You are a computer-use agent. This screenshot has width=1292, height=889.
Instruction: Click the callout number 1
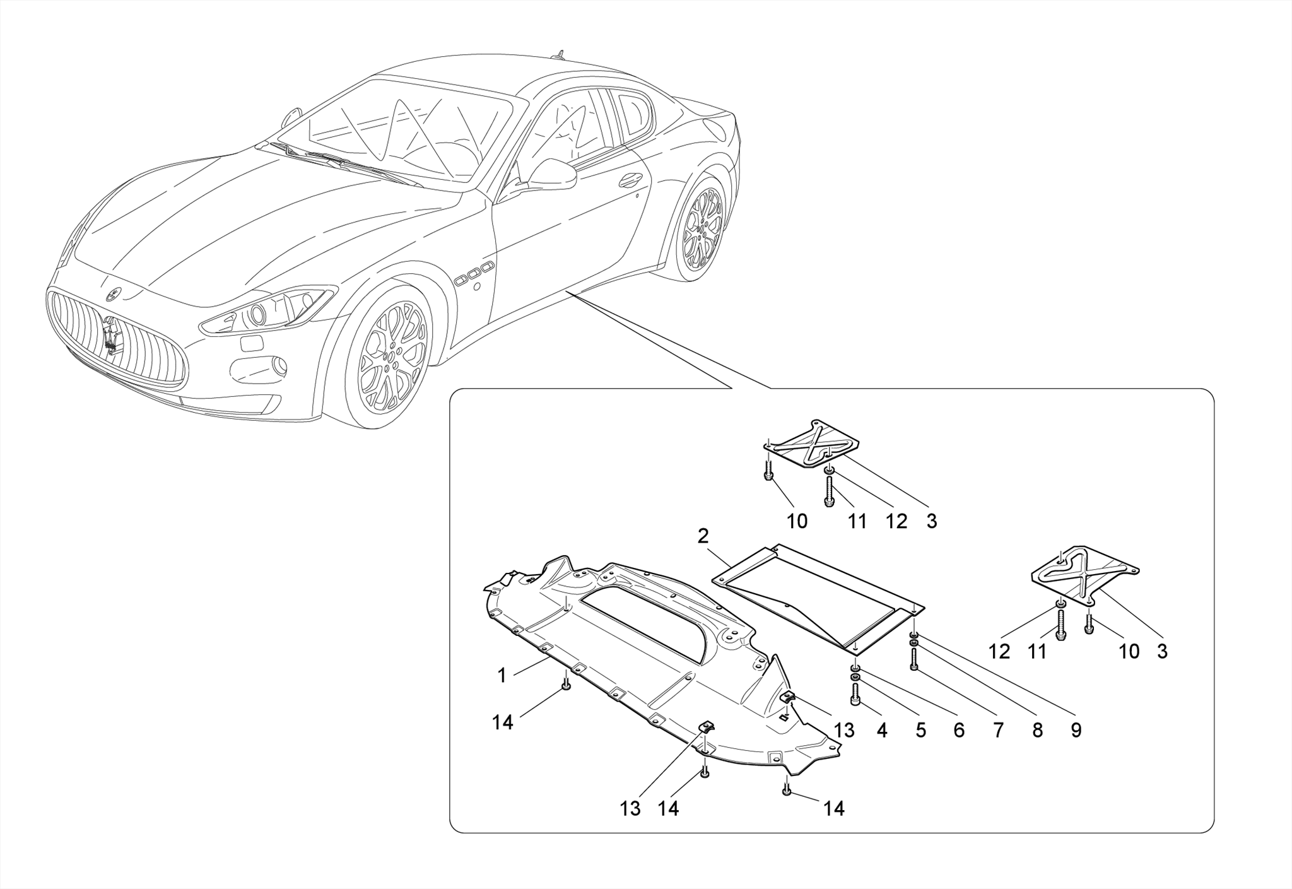[x=502, y=676]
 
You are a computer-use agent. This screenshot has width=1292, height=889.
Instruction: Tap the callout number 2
[x=703, y=537]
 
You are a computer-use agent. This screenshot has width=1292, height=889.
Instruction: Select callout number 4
[x=882, y=731]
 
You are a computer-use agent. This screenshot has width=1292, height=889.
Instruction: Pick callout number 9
[x=1076, y=731]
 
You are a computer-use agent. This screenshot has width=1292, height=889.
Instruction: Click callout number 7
[x=998, y=731]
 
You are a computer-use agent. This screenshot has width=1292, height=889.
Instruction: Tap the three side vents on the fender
[x=474, y=273]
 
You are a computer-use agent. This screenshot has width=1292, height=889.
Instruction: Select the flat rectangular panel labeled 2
[x=820, y=593]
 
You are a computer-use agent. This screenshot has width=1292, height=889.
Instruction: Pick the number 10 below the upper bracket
[x=797, y=521]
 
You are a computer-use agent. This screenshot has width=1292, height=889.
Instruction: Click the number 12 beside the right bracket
[x=999, y=651]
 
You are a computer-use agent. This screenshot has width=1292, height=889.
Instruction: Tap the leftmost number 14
[x=503, y=723]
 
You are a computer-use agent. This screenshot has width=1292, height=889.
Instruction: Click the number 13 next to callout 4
[x=844, y=731]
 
